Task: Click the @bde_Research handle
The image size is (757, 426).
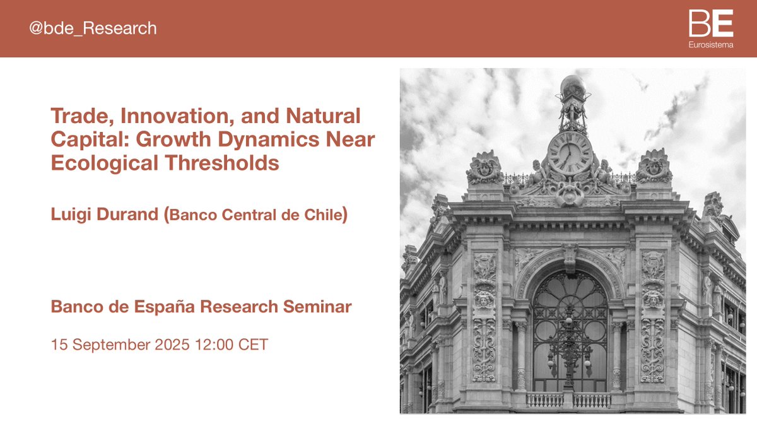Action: point(93,28)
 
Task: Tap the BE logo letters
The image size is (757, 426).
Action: point(711,24)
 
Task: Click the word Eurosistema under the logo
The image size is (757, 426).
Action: point(711,45)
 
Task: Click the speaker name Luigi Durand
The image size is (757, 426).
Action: point(105,214)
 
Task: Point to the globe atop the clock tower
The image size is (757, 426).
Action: point(572,85)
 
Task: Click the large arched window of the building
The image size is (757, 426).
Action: point(569,328)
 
